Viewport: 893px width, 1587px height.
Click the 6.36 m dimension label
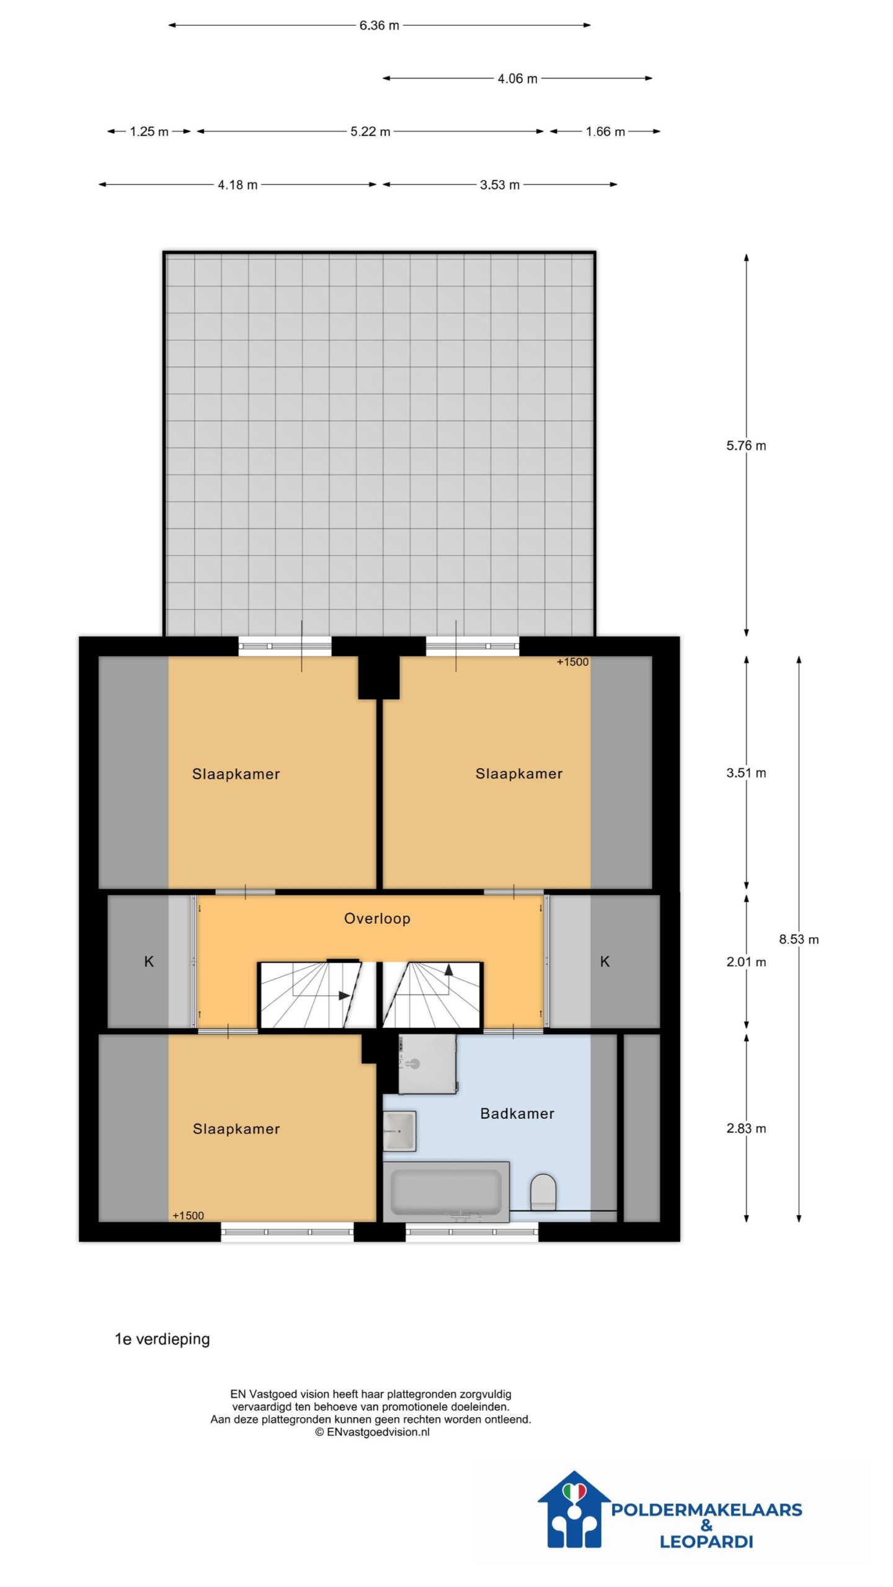coord(379,25)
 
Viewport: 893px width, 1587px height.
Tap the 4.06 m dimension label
coord(517,79)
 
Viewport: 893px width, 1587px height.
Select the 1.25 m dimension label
coord(149,131)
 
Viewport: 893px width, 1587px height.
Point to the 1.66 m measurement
coord(605,131)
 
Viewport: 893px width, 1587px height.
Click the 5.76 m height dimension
coord(746,446)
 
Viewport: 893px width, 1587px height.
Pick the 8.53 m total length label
coord(799,939)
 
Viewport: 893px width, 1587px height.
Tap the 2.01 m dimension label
coord(746,962)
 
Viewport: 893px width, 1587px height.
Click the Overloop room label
coord(377,919)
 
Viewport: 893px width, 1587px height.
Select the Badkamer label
coord(517,1113)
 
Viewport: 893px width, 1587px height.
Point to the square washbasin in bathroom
coord(399,1131)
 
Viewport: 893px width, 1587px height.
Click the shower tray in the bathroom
coord(427,1064)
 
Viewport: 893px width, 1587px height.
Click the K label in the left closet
coord(149,961)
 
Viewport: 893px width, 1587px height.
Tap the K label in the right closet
coord(605,961)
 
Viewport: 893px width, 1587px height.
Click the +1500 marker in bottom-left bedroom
coord(188,1216)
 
